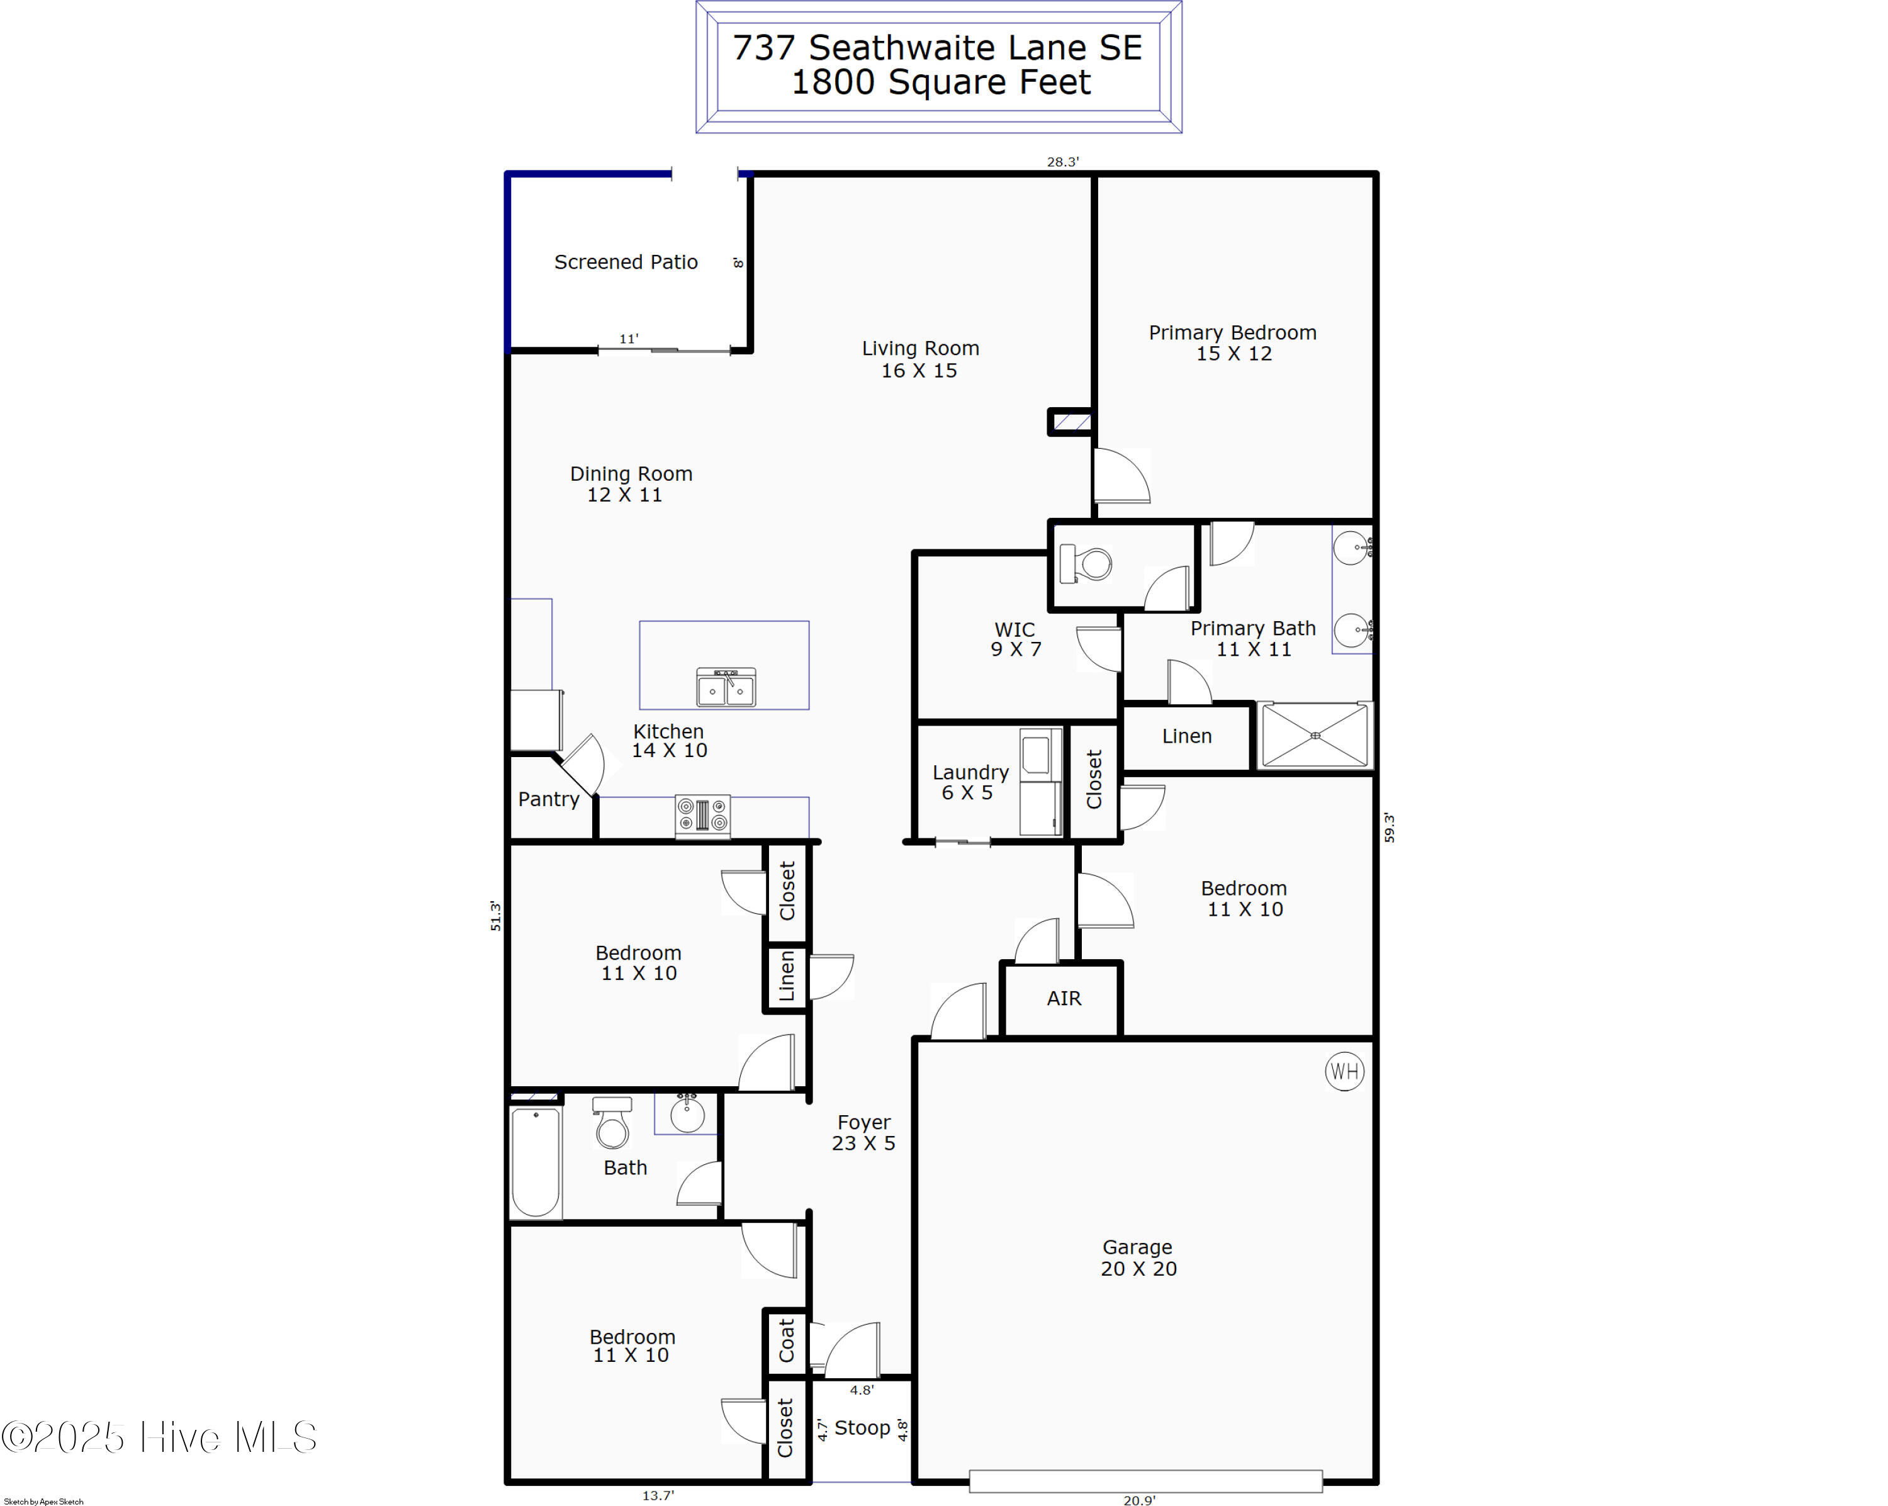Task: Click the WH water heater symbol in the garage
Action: click(1344, 1071)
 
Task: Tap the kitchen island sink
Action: click(726, 687)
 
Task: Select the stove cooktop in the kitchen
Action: click(702, 814)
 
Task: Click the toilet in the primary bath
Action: click(1085, 563)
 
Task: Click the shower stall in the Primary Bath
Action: click(1315, 736)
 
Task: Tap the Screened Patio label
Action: click(626, 262)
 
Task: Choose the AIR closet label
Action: click(1064, 998)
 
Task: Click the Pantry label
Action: click(548, 799)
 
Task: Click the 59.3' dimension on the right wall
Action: click(1389, 828)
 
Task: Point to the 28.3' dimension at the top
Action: click(1062, 162)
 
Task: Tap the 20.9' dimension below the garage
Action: click(1139, 1500)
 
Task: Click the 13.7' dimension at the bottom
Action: click(658, 1495)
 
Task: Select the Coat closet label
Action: click(787, 1340)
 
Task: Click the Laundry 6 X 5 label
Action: click(970, 782)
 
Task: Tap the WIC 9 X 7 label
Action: click(1016, 639)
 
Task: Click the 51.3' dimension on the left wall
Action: click(496, 915)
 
